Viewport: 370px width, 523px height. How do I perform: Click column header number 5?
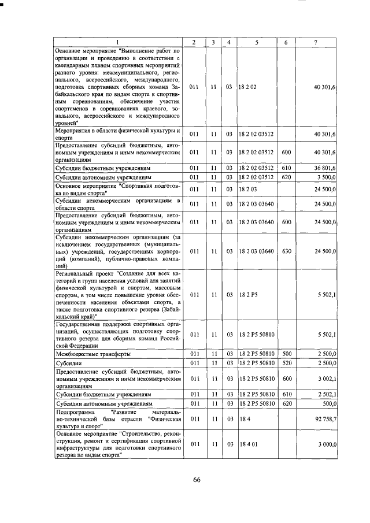pos(256,43)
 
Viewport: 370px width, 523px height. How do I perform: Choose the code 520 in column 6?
pos(286,362)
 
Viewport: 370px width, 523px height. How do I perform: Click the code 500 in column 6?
pos(286,353)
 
